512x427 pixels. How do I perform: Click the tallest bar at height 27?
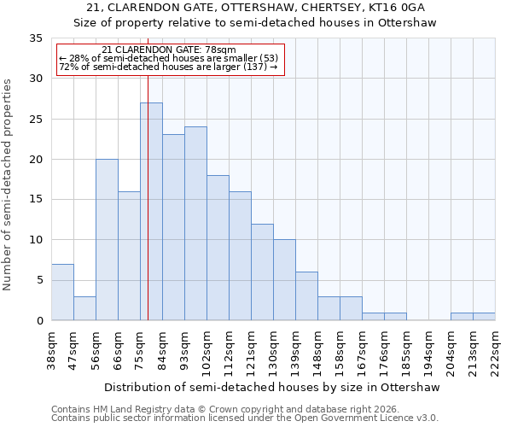click(151, 212)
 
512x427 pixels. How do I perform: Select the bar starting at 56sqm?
click(107, 240)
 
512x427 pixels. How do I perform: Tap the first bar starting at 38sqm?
click(62, 292)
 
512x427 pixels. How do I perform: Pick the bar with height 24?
click(195, 224)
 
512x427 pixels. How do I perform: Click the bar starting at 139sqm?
click(306, 296)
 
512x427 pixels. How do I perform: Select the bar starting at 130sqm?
click(284, 280)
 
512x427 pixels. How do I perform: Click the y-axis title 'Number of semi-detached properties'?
click(9, 184)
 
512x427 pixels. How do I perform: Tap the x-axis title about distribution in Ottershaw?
click(273, 387)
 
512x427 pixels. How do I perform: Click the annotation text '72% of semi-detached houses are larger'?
click(168, 67)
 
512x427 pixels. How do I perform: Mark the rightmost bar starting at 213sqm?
click(484, 317)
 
